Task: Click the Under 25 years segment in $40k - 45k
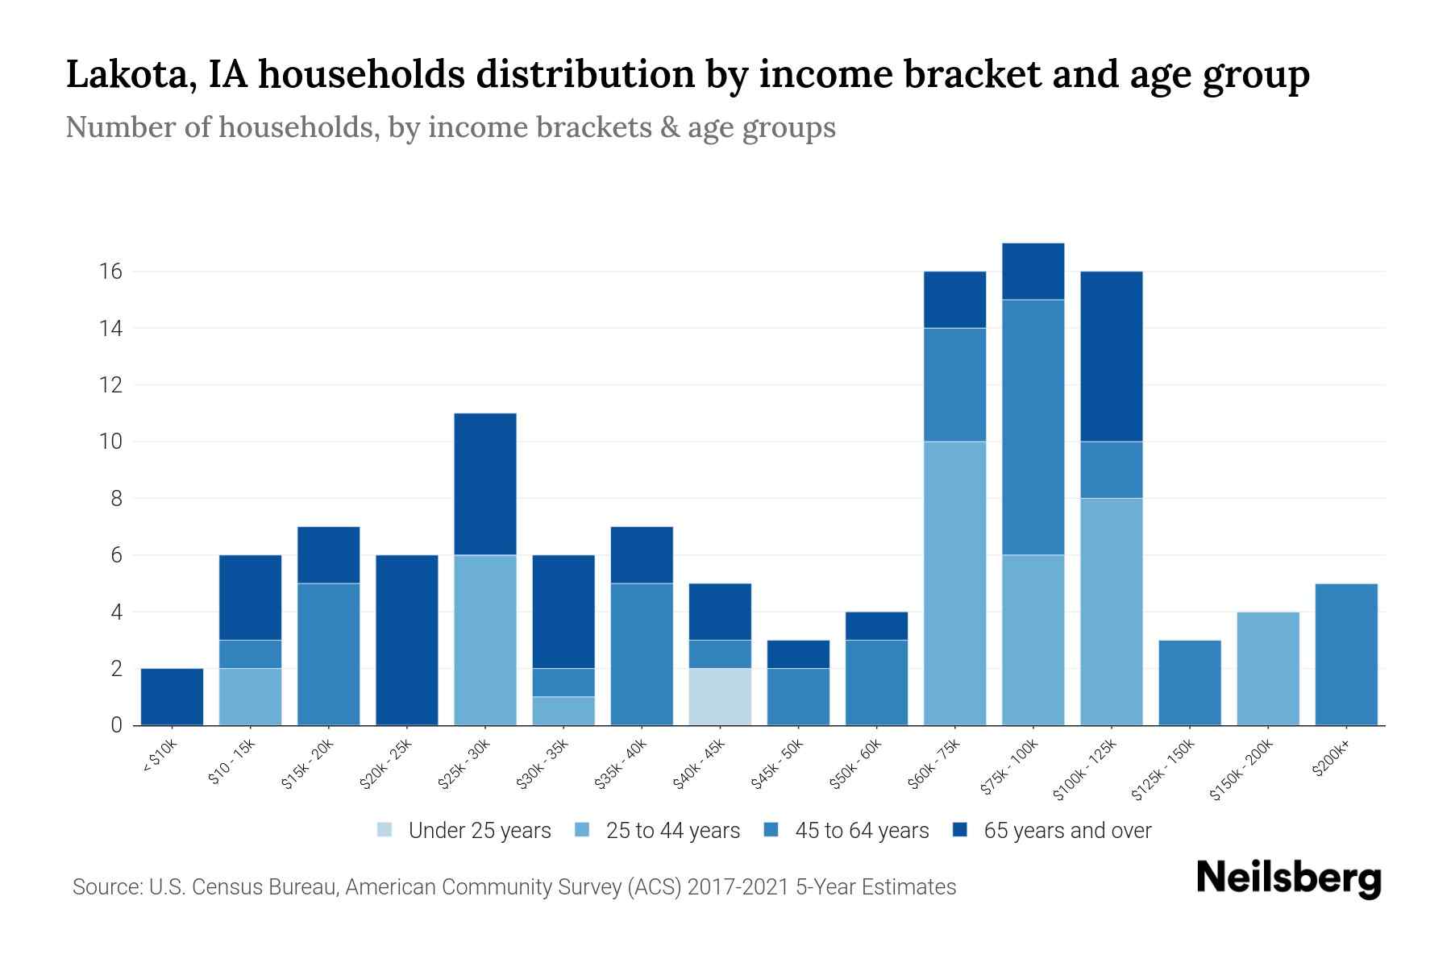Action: (x=720, y=697)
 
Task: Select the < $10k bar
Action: (x=172, y=697)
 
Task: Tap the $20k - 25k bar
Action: (x=407, y=641)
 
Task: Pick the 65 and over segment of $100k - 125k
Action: (x=1112, y=357)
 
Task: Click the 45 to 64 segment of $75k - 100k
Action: (x=1033, y=427)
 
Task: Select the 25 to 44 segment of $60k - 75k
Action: (x=954, y=583)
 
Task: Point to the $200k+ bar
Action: (x=1346, y=654)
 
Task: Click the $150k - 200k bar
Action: (x=1268, y=669)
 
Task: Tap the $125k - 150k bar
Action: (x=1190, y=683)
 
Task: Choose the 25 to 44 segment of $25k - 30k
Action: (x=485, y=641)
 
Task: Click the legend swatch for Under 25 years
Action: (x=385, y=830)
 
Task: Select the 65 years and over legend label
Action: (x=1067, y=831)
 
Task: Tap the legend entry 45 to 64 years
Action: (x=862, y=831)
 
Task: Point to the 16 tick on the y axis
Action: (x=111, y=272)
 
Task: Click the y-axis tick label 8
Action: (x=116, y=499)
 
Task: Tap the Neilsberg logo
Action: (x=1288, y=878)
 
